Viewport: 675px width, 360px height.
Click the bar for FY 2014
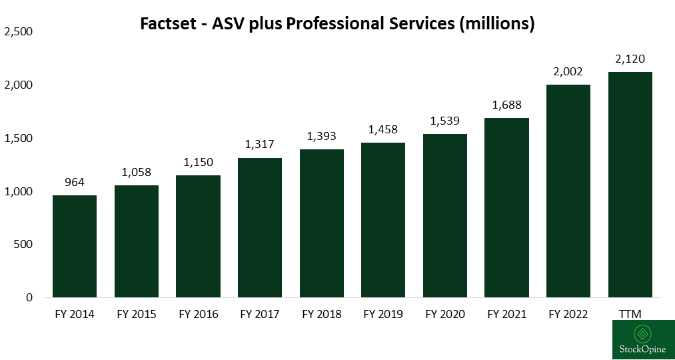tap(75, 246)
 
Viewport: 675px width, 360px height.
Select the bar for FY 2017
tap(260, 227)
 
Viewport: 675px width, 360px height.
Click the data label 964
tap(75, 183)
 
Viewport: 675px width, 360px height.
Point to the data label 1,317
tap(260, 145)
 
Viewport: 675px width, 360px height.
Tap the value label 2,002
tap(568, 72)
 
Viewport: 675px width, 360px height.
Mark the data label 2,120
tap(630, 59)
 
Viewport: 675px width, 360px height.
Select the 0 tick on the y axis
tap(29, 297)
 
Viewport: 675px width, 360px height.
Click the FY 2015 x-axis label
tap(137, 315)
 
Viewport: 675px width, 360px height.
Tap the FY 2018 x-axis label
tap(321, 315)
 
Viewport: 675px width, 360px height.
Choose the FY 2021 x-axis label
tap(506, 315)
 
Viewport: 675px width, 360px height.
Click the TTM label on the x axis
tap(630, 315)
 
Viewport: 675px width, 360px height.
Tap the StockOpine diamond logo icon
tap(643, 333)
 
